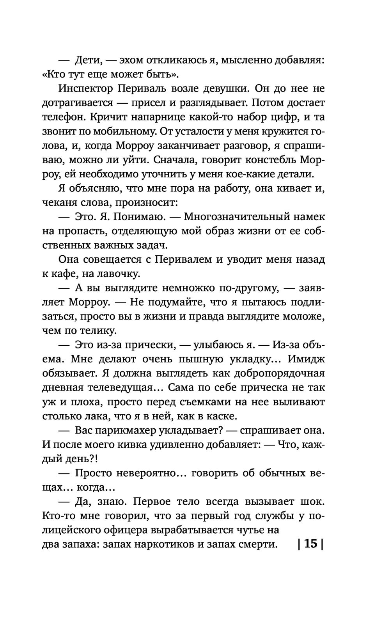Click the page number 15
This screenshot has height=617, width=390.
coord(310,543)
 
